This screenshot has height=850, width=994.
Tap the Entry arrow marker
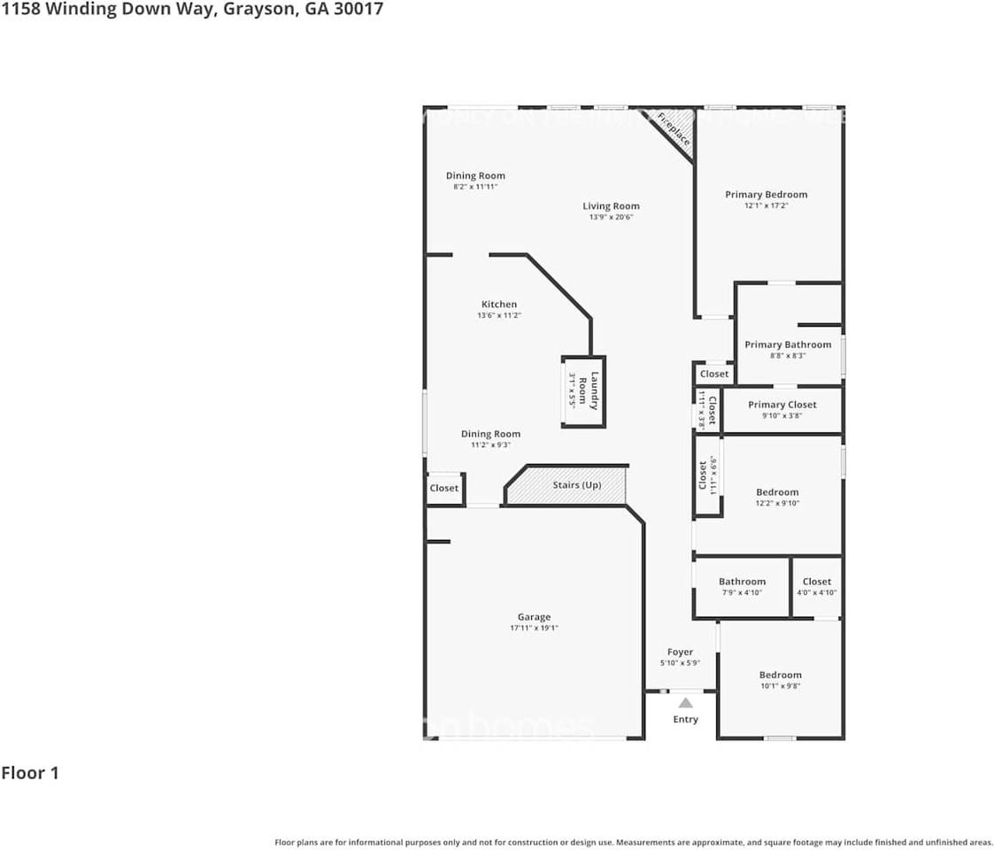686,702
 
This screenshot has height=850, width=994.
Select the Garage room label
534,617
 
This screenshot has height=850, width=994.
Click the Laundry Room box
584,391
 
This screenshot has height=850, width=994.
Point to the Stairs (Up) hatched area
567,485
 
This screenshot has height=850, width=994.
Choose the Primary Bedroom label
767,195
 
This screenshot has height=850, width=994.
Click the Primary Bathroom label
788,344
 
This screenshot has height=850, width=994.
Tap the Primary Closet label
782,405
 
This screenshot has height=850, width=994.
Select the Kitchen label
499,305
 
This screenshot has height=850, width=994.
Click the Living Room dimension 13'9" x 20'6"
611,218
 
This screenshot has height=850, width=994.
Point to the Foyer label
681,653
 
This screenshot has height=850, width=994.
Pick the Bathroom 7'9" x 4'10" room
742,587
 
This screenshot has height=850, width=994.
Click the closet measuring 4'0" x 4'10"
817,587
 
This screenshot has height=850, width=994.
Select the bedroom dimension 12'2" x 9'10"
777,504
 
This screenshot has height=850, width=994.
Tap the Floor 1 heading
30,773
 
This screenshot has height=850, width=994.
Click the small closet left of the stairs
444,489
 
